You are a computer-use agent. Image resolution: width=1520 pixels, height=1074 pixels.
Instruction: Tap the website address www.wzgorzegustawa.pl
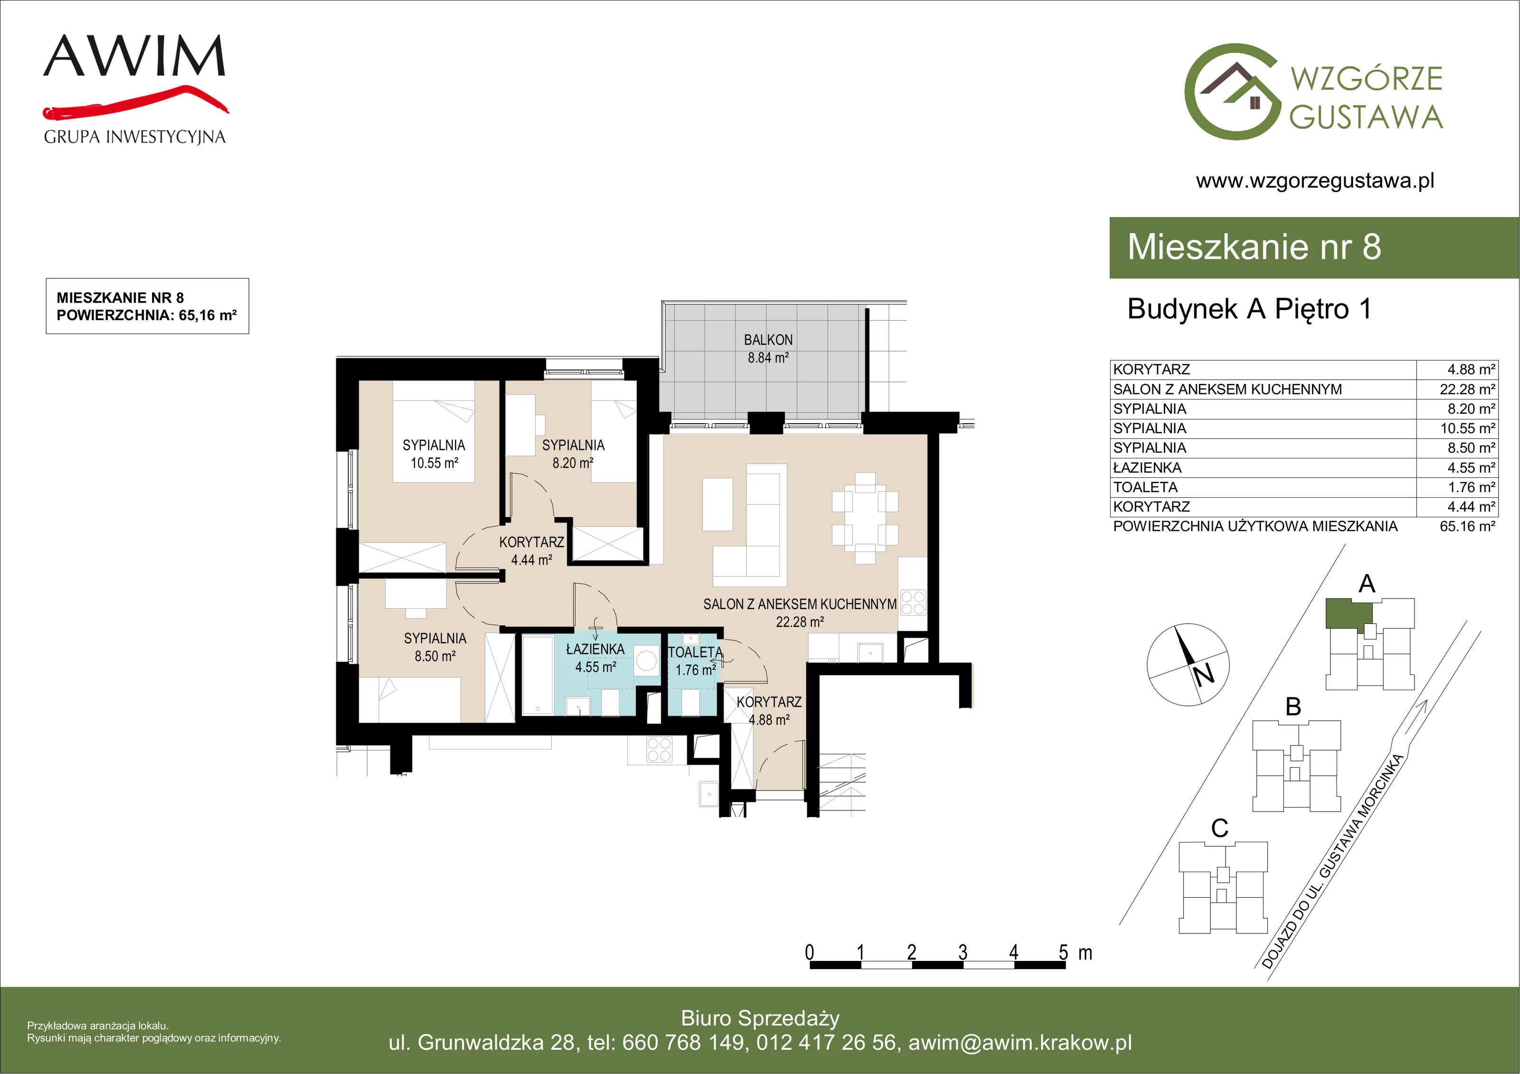1315,181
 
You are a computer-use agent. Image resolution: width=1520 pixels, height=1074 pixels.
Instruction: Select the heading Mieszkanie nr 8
1254,247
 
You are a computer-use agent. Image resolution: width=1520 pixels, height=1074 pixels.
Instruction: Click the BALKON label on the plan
768,340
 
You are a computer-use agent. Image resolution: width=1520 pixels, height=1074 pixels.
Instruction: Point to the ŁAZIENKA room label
595,649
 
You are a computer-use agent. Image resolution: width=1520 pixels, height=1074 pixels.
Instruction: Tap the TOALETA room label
695,652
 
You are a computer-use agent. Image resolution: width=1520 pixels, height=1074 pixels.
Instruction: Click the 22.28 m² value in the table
1467,390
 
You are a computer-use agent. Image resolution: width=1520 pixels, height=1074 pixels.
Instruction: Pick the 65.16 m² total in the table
1467,526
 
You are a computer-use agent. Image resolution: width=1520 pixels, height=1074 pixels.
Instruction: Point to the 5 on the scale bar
1063,952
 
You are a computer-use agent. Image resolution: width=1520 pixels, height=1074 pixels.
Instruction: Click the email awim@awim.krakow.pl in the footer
1020,1043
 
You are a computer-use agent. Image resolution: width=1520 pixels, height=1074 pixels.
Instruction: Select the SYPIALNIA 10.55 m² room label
434,454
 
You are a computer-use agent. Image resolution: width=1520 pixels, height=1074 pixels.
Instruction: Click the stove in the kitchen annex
913,603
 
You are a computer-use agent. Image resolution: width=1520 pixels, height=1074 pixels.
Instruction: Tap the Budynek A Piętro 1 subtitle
1249,309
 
